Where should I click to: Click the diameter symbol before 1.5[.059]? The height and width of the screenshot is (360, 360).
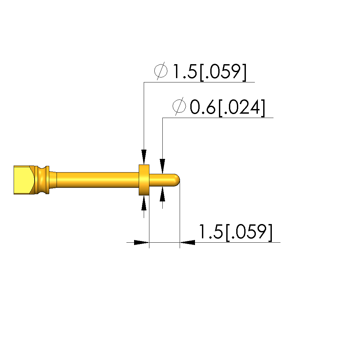[161, 71]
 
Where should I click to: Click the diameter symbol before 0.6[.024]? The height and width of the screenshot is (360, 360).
[179, 106]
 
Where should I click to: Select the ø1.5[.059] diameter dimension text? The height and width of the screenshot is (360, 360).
[200, 71]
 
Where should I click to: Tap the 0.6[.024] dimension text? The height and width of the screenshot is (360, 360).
[228, 107]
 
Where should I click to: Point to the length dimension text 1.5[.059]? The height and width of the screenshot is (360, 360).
[235, 232]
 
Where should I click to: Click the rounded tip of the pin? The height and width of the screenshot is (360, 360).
[177, 180]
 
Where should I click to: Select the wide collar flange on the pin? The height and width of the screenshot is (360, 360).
[144, 180]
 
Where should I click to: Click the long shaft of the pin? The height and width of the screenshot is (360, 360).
[97, 180]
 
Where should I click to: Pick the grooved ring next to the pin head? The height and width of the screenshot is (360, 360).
[42, 180]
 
